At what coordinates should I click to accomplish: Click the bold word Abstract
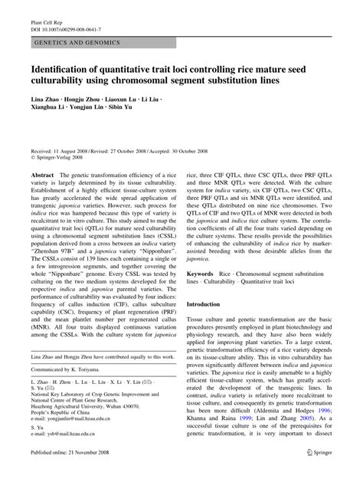pos(42,175)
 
